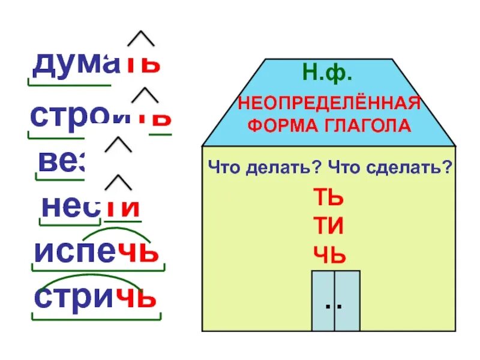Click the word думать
tap(96, 62)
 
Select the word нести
tap(91, 207)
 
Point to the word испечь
tap(96, 251)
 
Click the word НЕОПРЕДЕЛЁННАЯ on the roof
tap(328, 103)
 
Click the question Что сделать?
tap(390, 169)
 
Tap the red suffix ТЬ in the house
tap(328, 199)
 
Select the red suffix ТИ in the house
tap(328, 228)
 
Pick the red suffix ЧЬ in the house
tap(329, 257)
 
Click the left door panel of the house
tap(323, 301)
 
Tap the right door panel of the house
tap(348, 301)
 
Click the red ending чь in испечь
tap(139, 251)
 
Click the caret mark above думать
tap(142, 38)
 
